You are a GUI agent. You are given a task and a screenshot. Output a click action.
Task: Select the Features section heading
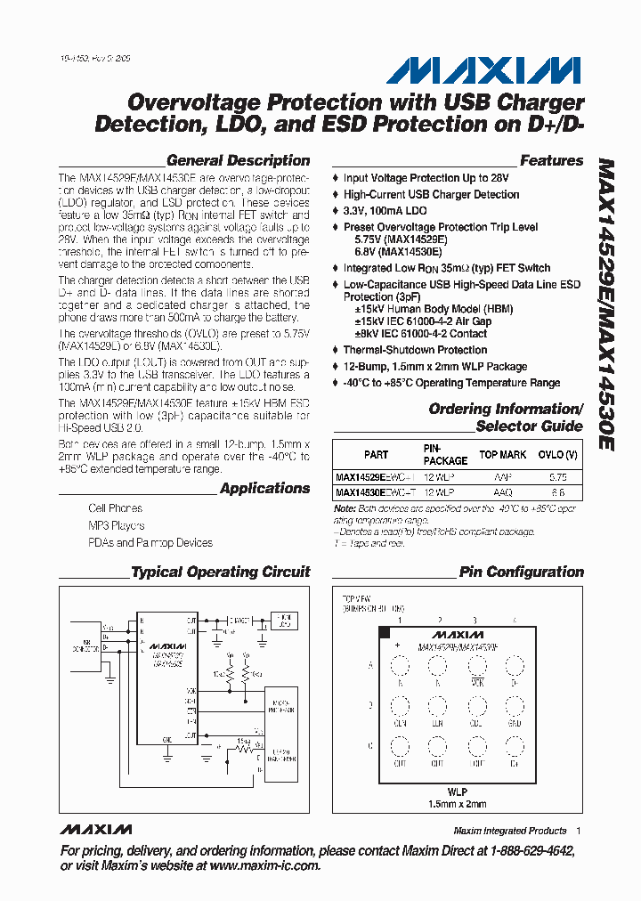coord(551,161)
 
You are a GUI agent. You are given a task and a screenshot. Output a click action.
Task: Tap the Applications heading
coord(264,489)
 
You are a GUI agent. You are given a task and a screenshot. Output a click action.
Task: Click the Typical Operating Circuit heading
coord(220,572)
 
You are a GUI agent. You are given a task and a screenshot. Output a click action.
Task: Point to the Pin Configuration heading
coord(521,572)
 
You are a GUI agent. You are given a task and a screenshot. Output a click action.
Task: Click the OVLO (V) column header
coord(557,455)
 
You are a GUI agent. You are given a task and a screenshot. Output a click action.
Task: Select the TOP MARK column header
coord(503,455)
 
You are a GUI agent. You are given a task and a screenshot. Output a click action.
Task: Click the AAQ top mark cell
coord(502,491)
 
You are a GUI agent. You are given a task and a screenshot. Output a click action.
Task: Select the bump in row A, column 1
coord(400,666)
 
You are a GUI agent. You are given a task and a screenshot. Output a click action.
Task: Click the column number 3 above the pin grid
coord(475,621)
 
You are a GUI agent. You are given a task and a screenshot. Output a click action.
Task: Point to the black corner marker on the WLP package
coord(384,633)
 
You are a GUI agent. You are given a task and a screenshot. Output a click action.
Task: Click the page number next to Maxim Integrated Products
coord(578,831)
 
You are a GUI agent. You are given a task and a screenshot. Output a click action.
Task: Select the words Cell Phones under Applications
coord(115,508)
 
